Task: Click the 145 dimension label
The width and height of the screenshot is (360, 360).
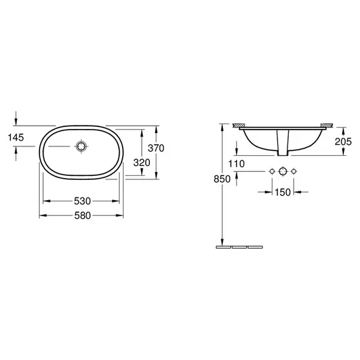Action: [16, 138]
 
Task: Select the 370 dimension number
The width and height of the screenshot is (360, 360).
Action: [156, 148]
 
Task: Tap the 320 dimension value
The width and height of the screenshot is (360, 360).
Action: [142, 163]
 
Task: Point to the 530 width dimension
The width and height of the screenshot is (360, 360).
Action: [83, 201]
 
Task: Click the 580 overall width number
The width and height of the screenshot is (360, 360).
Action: [83, 216]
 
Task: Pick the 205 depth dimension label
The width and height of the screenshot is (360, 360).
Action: [343, 142]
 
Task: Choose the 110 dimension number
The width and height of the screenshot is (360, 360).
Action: [236, 164]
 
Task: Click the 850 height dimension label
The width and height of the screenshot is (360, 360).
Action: [222, 179]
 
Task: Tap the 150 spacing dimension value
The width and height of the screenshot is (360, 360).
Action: [283, 192]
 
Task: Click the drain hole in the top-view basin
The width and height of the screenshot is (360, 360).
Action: [81, 146]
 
